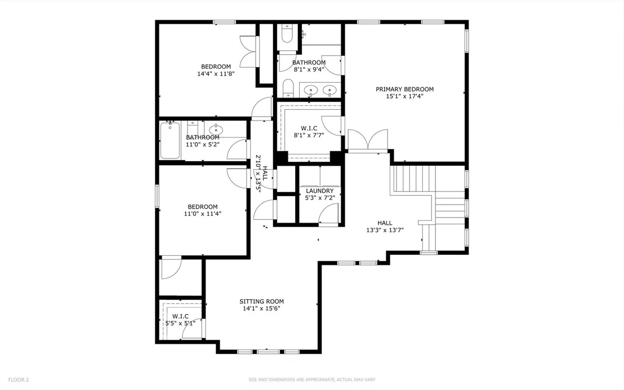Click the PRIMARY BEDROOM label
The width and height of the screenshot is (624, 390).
(405, 89)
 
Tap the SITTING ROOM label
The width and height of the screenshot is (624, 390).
(261, 302)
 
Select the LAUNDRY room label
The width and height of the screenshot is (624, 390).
(319, 191)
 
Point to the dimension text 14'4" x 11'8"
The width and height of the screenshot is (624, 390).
(216, 74)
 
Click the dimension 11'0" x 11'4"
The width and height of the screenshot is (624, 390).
(203, 214)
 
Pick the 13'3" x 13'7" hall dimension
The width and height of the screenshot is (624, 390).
(385, 230)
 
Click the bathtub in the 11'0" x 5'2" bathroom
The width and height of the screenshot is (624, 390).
(170, 141)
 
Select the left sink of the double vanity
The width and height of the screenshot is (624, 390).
(310, 90)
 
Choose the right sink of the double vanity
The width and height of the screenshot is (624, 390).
(329, 90)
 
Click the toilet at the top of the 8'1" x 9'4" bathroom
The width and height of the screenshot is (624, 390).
(287, 33)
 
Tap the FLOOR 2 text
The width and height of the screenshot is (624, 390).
(19, 380)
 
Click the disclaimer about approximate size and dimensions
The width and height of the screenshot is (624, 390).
(311, 380)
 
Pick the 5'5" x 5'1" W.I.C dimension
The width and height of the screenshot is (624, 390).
(180, 323)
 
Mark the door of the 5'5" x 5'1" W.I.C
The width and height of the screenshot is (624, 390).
(192, 329)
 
